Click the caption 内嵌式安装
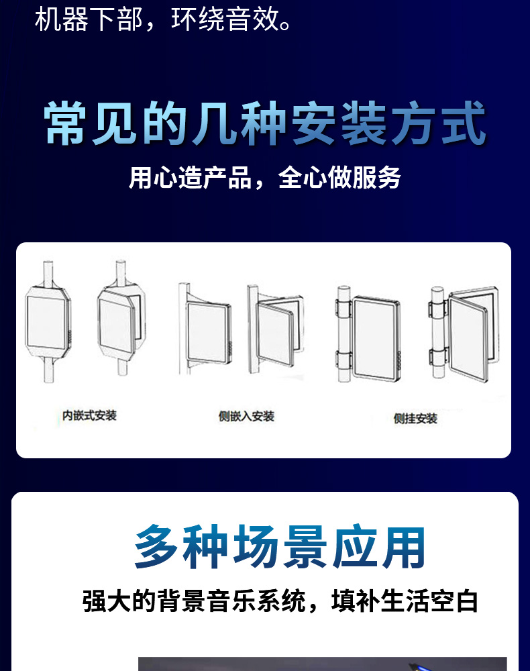(89, 415)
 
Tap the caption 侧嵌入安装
(246, 417)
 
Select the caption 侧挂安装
(415, 419)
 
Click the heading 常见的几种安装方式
(265, 123)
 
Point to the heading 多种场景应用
(280, 546)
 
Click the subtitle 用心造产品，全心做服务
(265, 177)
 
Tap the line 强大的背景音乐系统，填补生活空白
(280, 601)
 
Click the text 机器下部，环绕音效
(162, 19)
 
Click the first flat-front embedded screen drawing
(48, 321)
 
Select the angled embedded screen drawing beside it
(121, 319)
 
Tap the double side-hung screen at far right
(464, 333)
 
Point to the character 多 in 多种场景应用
(156, 546)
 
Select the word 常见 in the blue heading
(91, 123)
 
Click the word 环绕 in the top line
(198, 19)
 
